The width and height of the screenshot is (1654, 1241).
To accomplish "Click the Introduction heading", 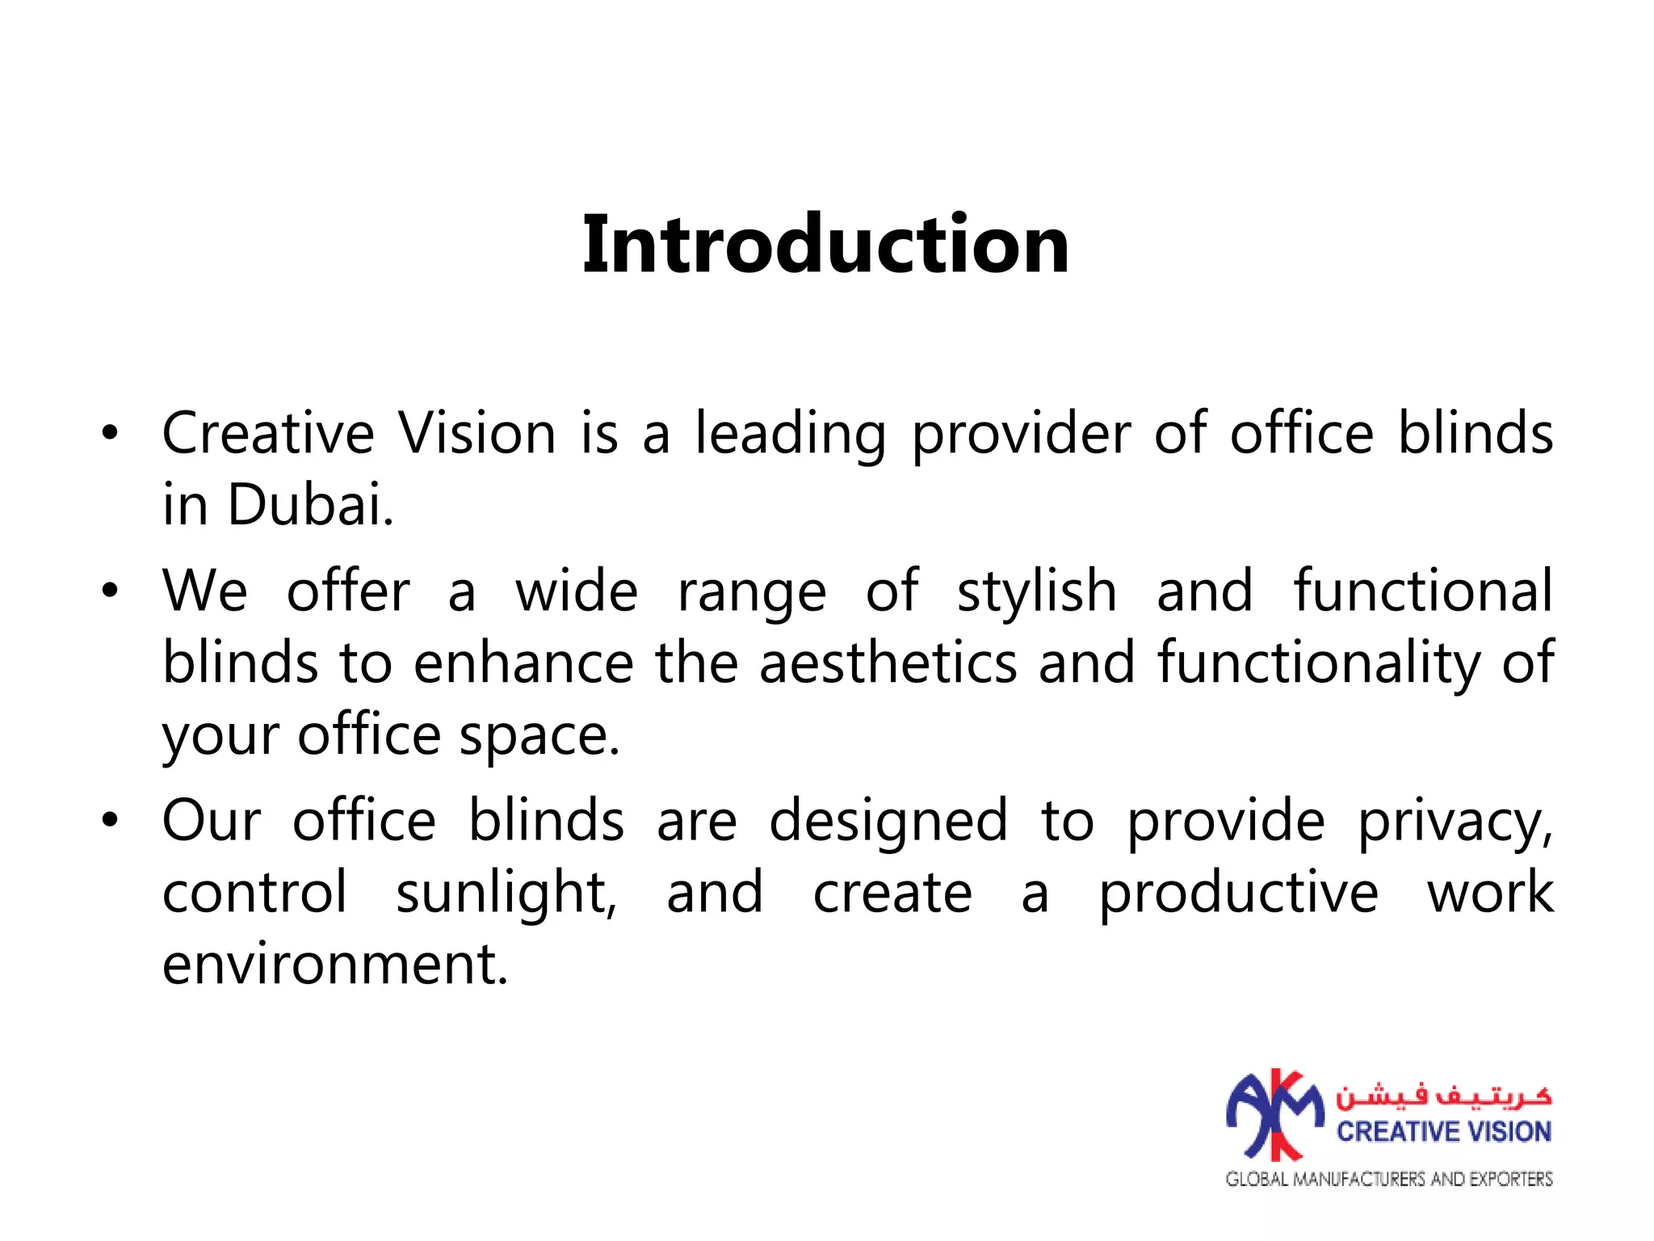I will [825, 245].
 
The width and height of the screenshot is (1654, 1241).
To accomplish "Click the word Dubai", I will [310, 505].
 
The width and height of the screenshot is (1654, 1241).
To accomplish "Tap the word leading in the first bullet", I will [790, 435].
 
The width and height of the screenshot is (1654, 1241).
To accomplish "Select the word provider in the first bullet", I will [1021, 435].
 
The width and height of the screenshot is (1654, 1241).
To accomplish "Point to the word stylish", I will [1037, 591].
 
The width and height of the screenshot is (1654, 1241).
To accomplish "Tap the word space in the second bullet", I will [539, 737].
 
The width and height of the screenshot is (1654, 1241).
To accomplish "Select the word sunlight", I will [506, 894].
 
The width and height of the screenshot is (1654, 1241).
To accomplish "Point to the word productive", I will [1239, 894].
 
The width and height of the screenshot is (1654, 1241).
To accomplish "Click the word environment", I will [335, 964].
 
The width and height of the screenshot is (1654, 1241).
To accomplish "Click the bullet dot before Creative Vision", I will [110, 434].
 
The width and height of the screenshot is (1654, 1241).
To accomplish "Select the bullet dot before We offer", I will [110, 591].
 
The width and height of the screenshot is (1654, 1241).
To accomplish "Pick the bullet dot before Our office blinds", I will [110, 821].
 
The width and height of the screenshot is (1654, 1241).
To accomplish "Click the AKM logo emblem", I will [1275, 1115].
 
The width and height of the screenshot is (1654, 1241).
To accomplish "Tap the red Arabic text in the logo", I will [1443, 1096].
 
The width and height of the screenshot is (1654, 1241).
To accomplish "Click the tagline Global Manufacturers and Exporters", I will [1389, 1179].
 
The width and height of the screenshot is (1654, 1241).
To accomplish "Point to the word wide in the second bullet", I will [577, 591].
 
